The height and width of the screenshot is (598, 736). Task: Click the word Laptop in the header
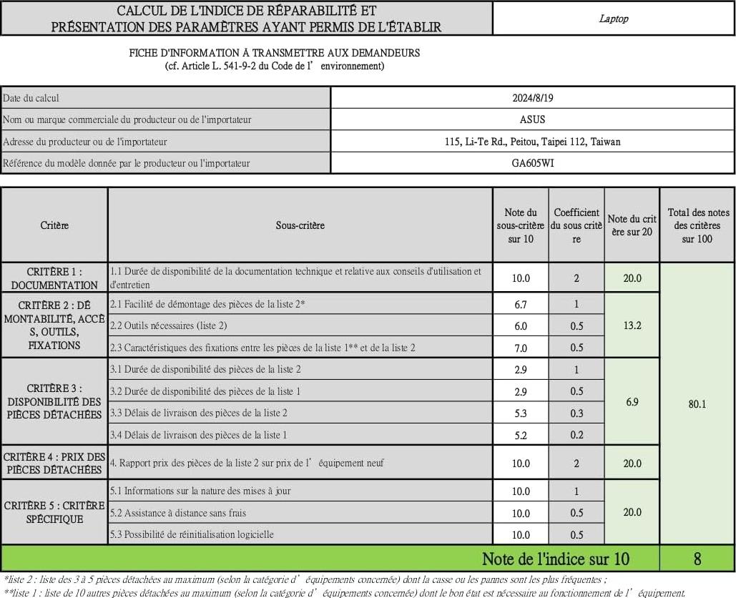point(613,19)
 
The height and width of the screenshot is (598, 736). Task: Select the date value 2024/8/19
point(532,98)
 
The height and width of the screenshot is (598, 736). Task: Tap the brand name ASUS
point(532,119)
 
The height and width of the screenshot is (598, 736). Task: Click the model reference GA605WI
point(532,163)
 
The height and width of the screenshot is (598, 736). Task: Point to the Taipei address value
point(532,142)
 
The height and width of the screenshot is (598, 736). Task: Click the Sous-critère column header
point(300,225)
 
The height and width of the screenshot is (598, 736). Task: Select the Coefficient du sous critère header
point(576,225)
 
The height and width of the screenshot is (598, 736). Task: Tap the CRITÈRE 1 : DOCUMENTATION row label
point(54,278)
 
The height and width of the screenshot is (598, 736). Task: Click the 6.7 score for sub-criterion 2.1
point(521,304)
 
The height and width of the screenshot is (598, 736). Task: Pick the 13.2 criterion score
point(632,325)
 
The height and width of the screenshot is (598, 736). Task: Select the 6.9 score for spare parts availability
point(632,402)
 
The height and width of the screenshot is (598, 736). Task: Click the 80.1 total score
point(697,404)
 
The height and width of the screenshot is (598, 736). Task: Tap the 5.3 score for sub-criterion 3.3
point(521,413)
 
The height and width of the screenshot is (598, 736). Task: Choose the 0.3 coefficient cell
point(576,413)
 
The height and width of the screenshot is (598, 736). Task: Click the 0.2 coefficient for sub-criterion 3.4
point(576,435)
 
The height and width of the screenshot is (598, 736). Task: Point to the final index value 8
point(697,559)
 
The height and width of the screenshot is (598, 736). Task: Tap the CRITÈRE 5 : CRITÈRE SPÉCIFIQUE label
point(54,512)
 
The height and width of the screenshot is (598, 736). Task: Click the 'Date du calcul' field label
point(31,98)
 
